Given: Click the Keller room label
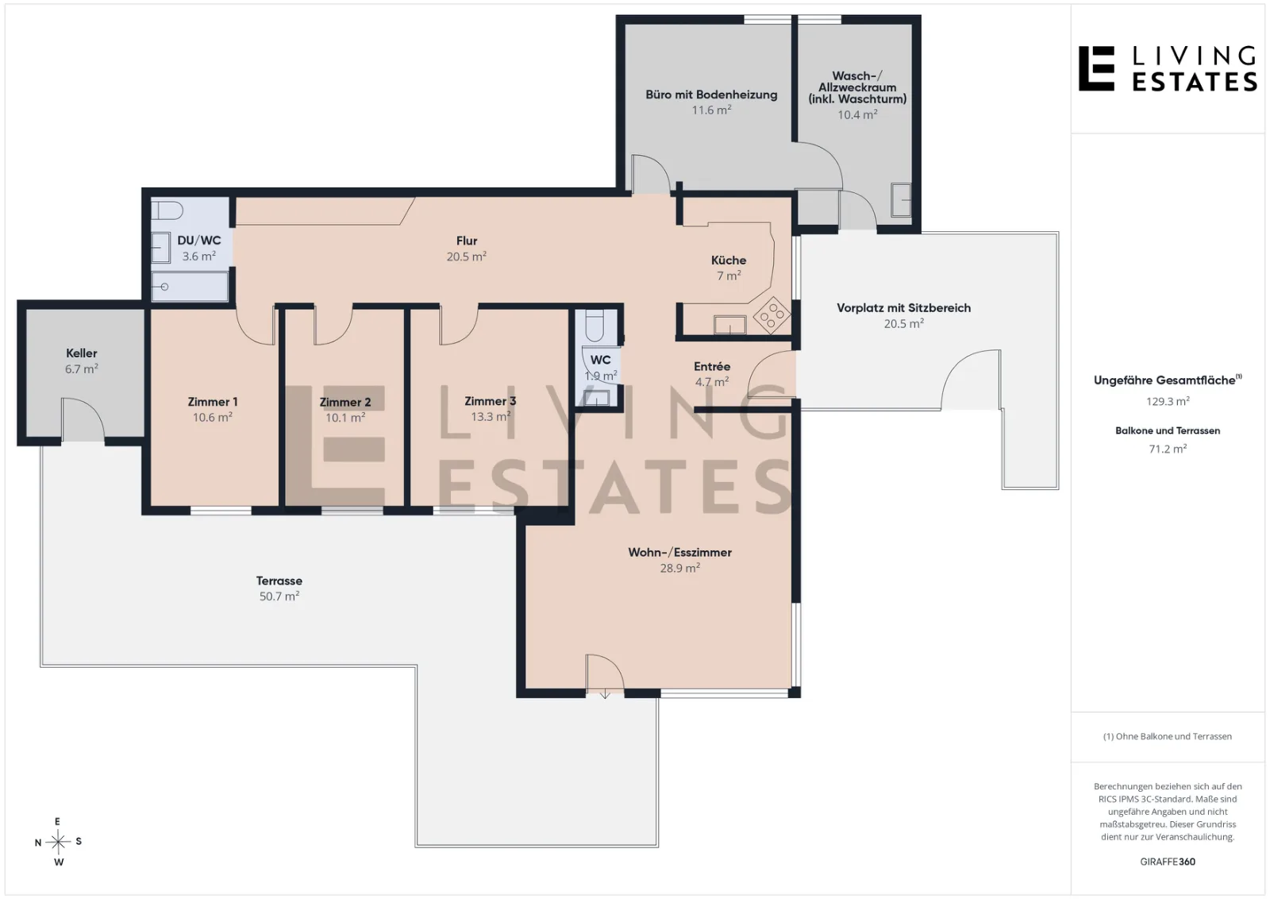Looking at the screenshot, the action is (82, 353).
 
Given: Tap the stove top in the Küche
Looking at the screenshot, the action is (772, 314).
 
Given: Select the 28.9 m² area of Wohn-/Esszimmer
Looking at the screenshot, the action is (679, 568).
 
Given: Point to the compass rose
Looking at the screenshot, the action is (58, 842).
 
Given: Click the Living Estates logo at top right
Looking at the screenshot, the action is (1168, 68).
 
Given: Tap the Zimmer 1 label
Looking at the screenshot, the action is (213, 402).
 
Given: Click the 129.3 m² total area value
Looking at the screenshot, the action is (1168, 401).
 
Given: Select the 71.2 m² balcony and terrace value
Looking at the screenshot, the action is (1168, 449).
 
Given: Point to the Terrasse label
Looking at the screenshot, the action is (279, 581).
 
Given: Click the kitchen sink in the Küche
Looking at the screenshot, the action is (729, 325).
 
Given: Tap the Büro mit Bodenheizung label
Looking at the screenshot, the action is (711, 95).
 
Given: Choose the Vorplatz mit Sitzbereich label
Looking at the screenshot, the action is (904, 307).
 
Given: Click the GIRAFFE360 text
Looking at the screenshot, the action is (1168, 862).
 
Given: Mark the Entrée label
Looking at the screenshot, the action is (712, 366).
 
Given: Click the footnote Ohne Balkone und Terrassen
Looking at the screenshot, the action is (1168, 736).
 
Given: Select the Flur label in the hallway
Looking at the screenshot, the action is (467, 241).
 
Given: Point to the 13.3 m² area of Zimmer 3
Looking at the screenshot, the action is (491, 416).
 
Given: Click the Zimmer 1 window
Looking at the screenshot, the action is (221, 511).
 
